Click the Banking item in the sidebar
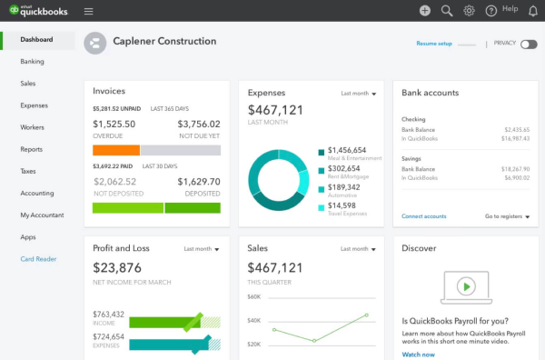tap(32, 62)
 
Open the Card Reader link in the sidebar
tap(38, 259)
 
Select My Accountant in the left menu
tap(42, 215)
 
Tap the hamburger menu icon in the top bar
tap(88, 11)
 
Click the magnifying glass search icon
tap(447, 11)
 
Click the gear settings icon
tap(469, 11)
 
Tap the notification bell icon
tap(532, 11)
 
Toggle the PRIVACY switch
tap(528, 44)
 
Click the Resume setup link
tap(433, 44)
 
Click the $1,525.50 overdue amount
tap(114, 125)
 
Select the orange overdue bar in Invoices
tap(116, 150)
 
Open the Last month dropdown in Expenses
tap(359, 94)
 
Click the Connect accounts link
tap(423, 216)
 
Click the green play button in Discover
tap(465, 286)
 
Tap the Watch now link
tap(418, 355)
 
